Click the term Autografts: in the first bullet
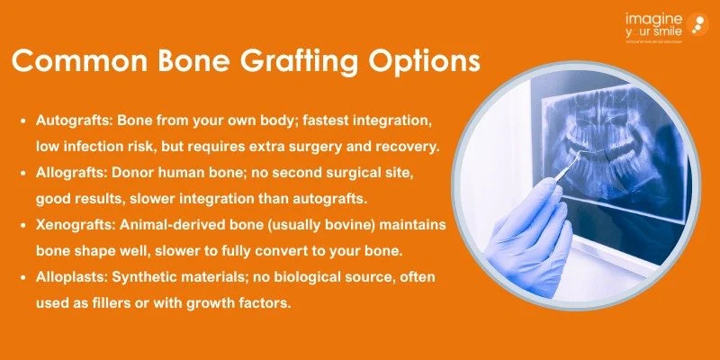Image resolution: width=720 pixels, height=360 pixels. click(x=74, y=120)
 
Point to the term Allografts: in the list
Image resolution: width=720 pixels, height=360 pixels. click(x=71, y=168)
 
